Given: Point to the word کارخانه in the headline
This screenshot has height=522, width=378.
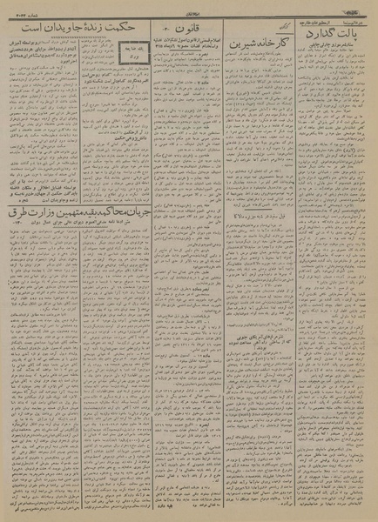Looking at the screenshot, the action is pyautogui.click(x=274, y=40).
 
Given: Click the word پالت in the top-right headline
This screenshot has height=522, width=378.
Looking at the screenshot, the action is pyautogui.click(x=353, y=36).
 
